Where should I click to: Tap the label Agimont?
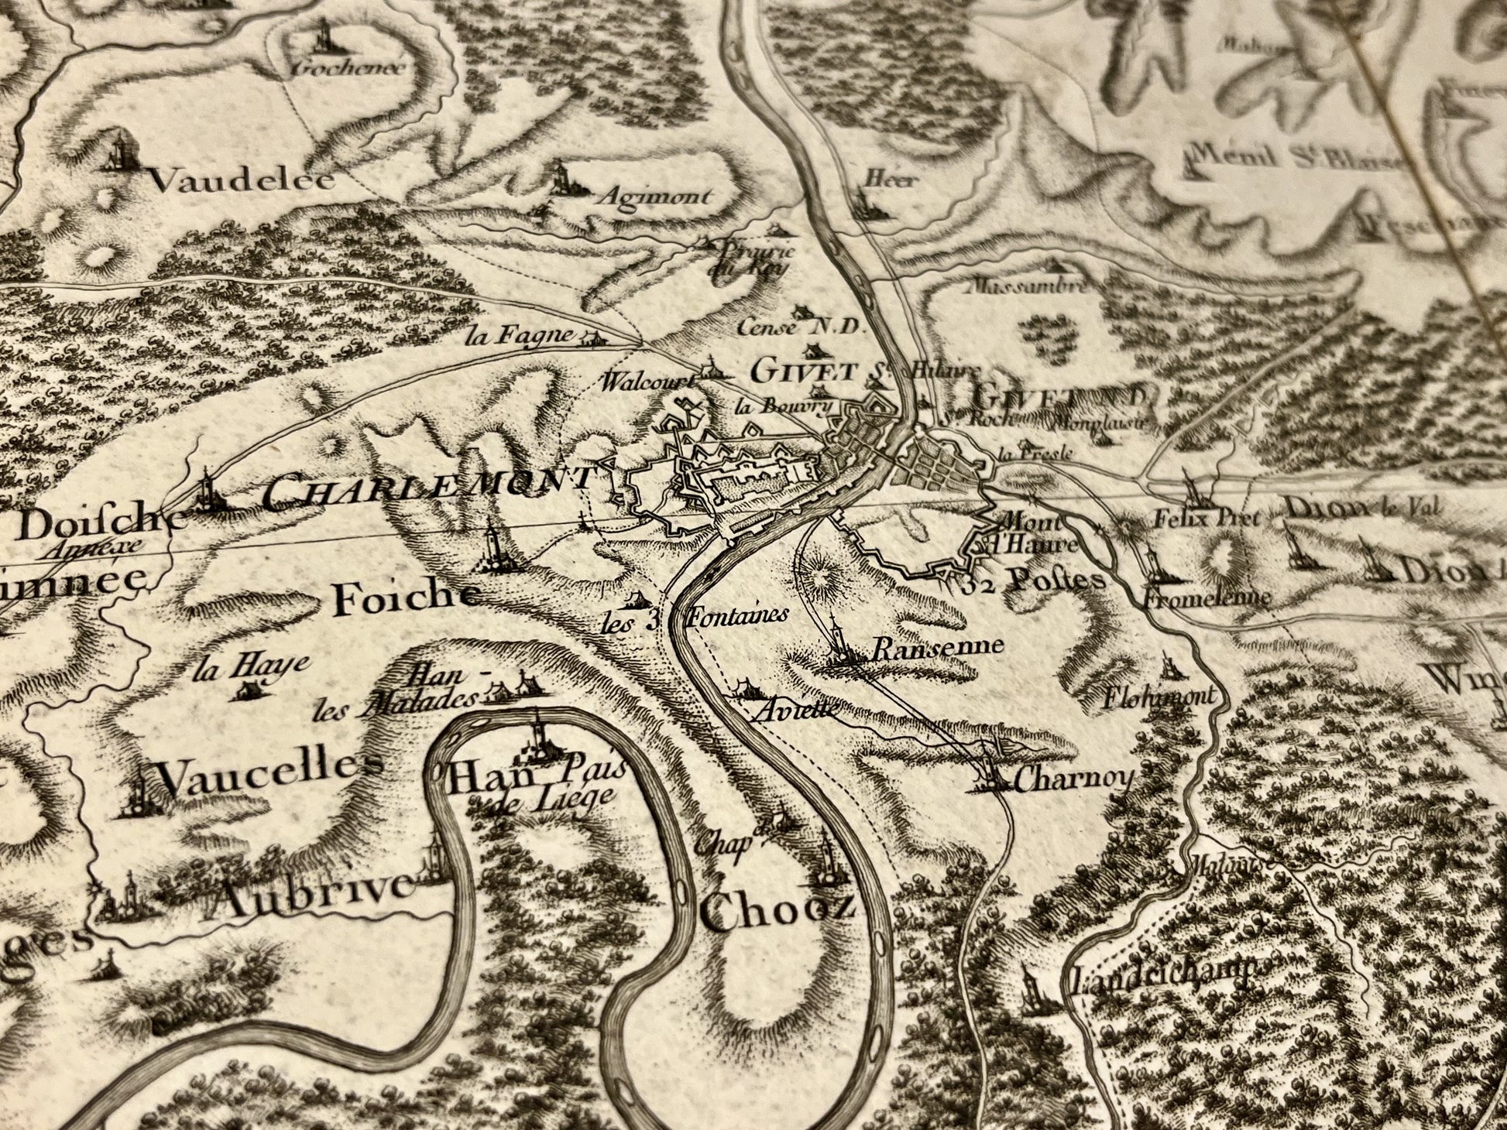pyautogui.click(x=654, y=197)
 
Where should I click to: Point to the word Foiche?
pyautogui.click(x=403, y=598)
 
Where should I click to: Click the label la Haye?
pyautogui.click(x=252, y=664)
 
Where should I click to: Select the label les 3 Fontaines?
pyautogui.click(x=695, y=618)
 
